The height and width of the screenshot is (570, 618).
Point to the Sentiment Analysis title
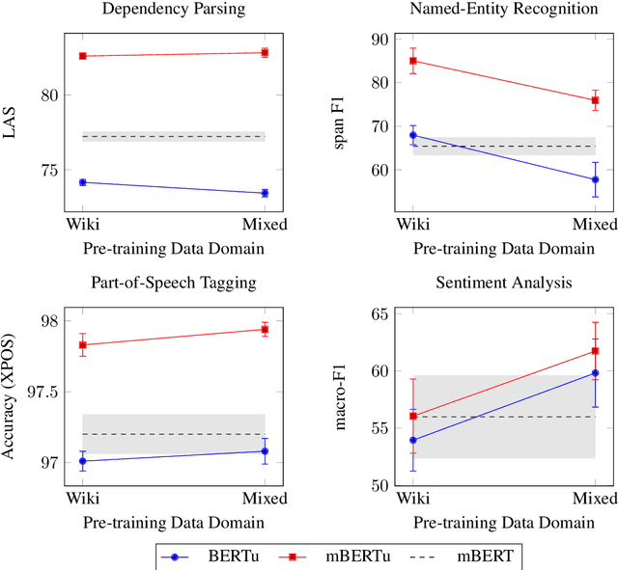coord(503,284)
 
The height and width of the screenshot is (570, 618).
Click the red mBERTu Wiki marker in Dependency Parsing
coord(82,56)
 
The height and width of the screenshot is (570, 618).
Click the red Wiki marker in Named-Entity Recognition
coord(412,61)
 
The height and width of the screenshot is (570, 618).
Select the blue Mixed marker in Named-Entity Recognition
coord(595,179)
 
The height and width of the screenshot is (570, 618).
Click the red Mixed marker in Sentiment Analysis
coord(595,351)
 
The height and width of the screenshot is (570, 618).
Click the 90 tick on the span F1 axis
coord(376,40)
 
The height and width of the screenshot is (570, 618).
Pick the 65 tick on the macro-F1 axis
coord(376,314)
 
